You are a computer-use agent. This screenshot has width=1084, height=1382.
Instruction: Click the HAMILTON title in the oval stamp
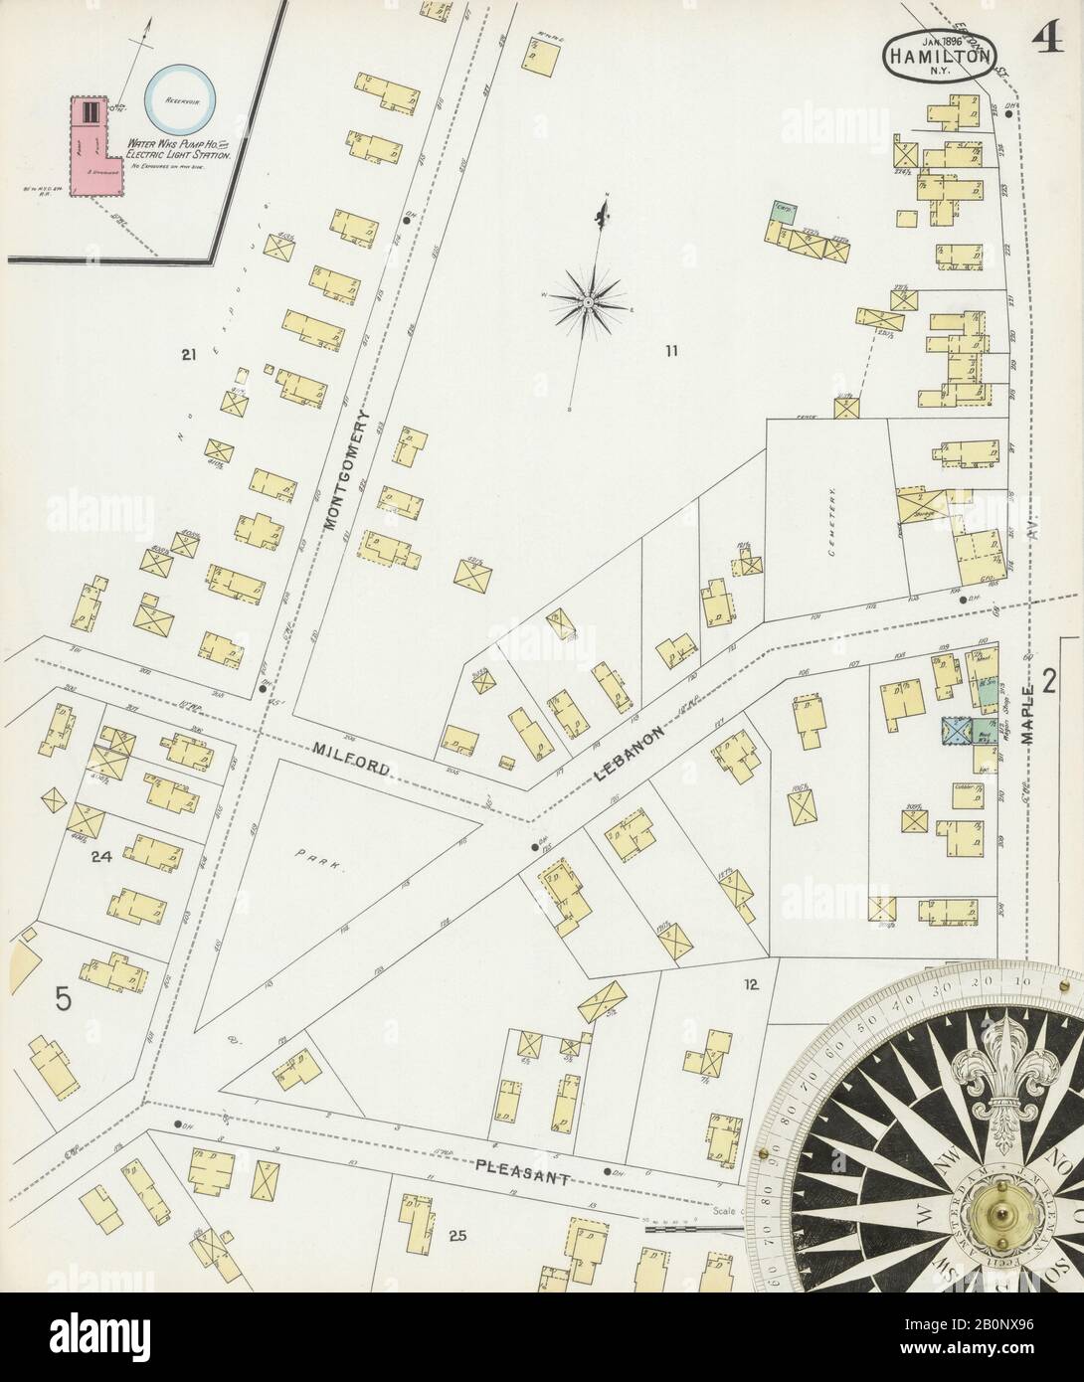938,57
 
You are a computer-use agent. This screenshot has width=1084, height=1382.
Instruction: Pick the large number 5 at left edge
64,998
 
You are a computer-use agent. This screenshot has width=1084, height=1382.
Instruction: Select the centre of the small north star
588,298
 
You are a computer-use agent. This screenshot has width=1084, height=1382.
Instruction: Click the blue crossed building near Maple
957,731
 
